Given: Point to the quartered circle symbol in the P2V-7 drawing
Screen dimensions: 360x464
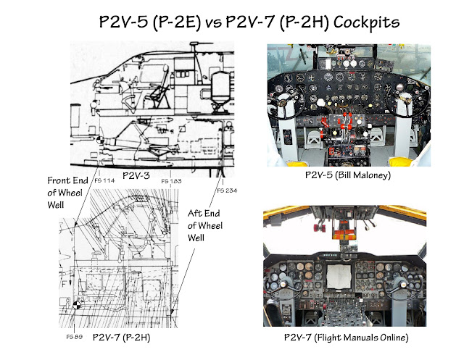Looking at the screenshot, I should pos(78,306).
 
